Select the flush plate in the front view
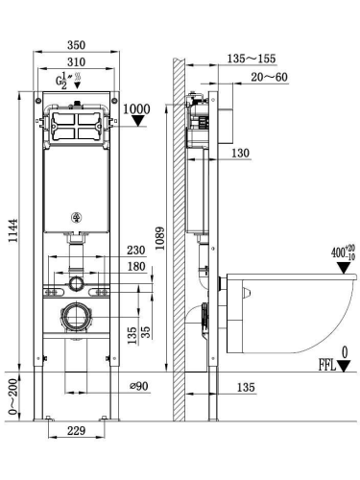(74, 127)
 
